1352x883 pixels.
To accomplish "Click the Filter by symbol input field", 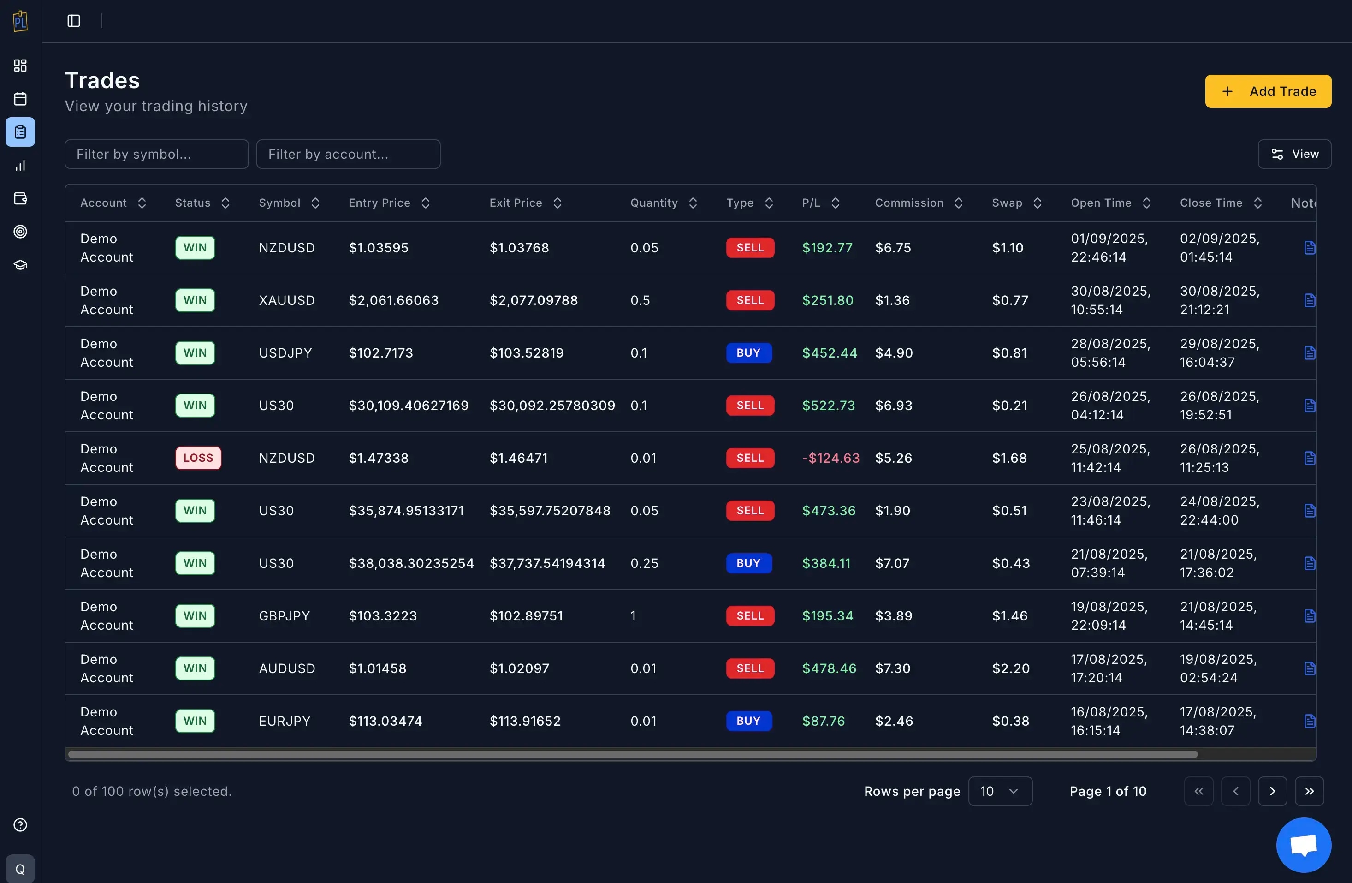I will [156, 154].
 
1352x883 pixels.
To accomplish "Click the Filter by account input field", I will [348, 154].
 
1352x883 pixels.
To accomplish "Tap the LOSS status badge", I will [198, 458].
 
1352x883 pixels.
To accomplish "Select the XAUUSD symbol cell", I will [286, 300].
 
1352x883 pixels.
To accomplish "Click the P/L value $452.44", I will [829, 353].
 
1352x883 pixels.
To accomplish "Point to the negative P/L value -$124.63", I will [830, 458].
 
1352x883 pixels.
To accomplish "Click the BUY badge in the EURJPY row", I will [748, 721].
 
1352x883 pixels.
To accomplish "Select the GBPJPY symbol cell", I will [284, 616].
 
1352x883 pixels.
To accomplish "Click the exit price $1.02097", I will [519, 668].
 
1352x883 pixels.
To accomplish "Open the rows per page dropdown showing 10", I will [999, 791].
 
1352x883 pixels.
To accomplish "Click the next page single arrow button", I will [1272, 791].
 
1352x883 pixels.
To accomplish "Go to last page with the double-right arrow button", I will [1309, 791].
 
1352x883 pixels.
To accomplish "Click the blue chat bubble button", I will [1303, 845].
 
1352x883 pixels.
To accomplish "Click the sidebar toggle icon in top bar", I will [74, 21].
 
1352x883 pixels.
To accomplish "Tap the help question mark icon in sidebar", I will [20, 824].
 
